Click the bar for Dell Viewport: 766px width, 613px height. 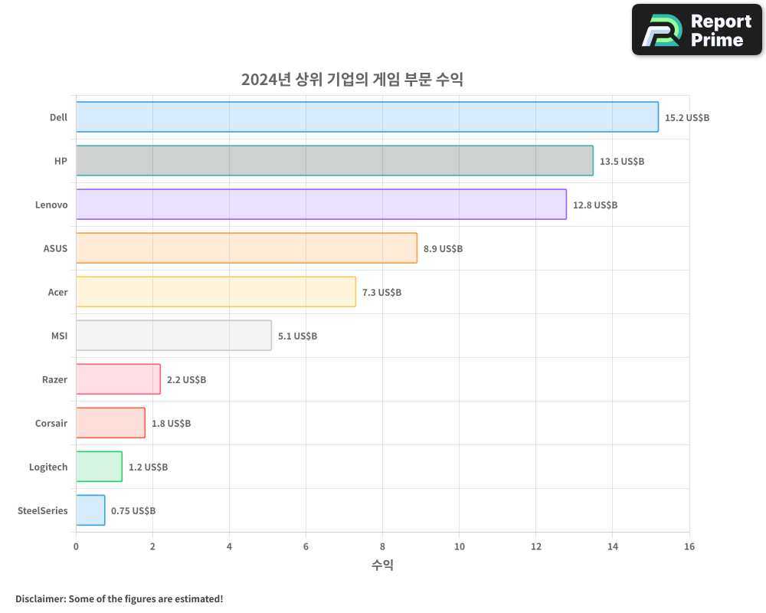tap(367, 117)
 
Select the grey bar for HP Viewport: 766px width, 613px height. tap(334, 161)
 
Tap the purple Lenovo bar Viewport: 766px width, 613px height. tap(321, 205)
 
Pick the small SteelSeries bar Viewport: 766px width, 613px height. tap(90, 510)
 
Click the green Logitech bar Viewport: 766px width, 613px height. tap(99, 467)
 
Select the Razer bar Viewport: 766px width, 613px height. tap(118, 379)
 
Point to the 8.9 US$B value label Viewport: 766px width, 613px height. tap(443, 249)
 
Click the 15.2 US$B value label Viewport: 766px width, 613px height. tap(687, 118)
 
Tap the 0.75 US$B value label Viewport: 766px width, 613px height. tap(133, 511)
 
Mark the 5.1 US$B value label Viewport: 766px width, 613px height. tap(297, 336)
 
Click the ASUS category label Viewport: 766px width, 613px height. tap(55, 248)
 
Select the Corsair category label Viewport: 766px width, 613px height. tap(51, 423)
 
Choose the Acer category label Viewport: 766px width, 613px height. tap(57, 292)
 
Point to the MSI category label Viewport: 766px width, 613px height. tap(58, 336)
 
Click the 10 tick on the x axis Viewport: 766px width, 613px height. tap(459, 546)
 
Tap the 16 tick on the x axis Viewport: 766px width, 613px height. tap(689, 546)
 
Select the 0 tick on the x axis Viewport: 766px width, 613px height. tap(76, 546)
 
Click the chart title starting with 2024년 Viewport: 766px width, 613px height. tap(352, 80)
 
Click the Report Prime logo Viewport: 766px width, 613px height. tap(696, 30)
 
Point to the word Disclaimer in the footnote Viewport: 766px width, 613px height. tap(40, 598)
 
